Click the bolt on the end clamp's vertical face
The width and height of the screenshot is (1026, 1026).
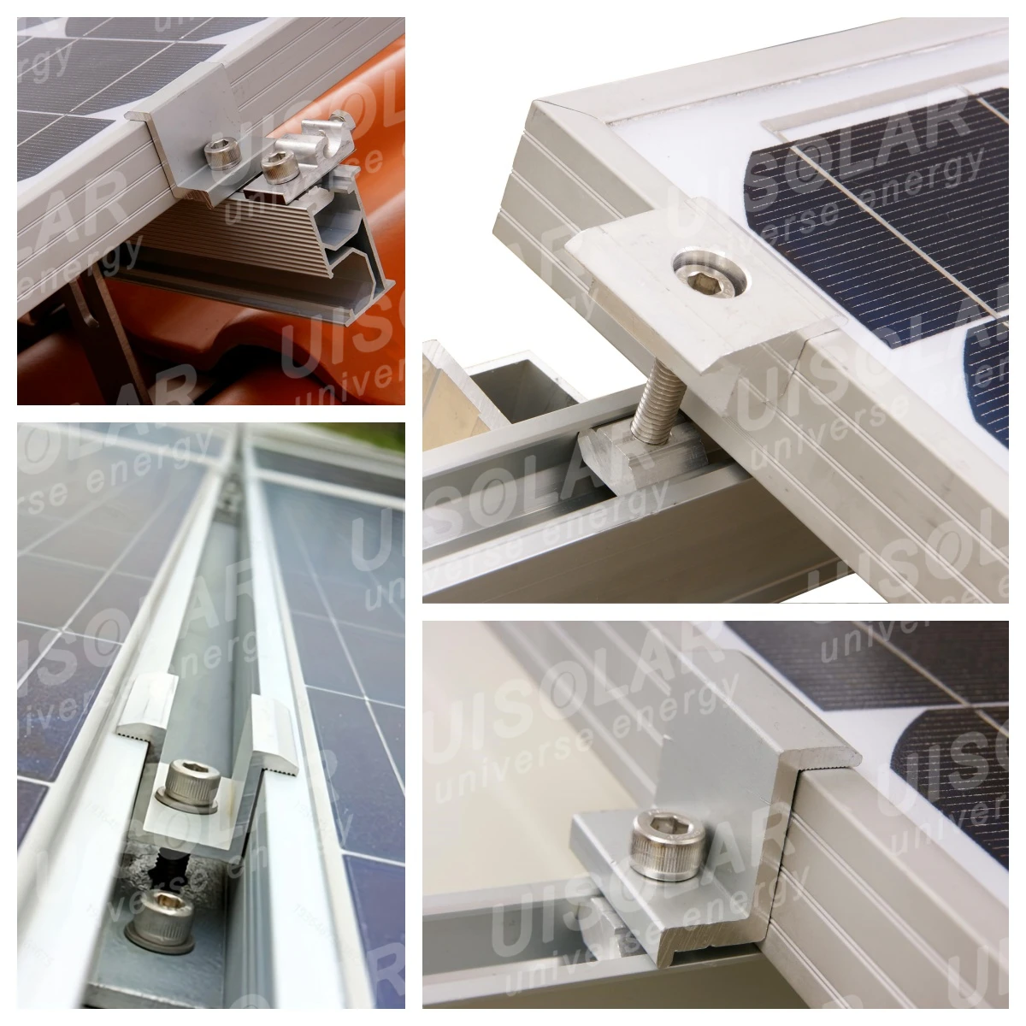[x=213, y=153]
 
